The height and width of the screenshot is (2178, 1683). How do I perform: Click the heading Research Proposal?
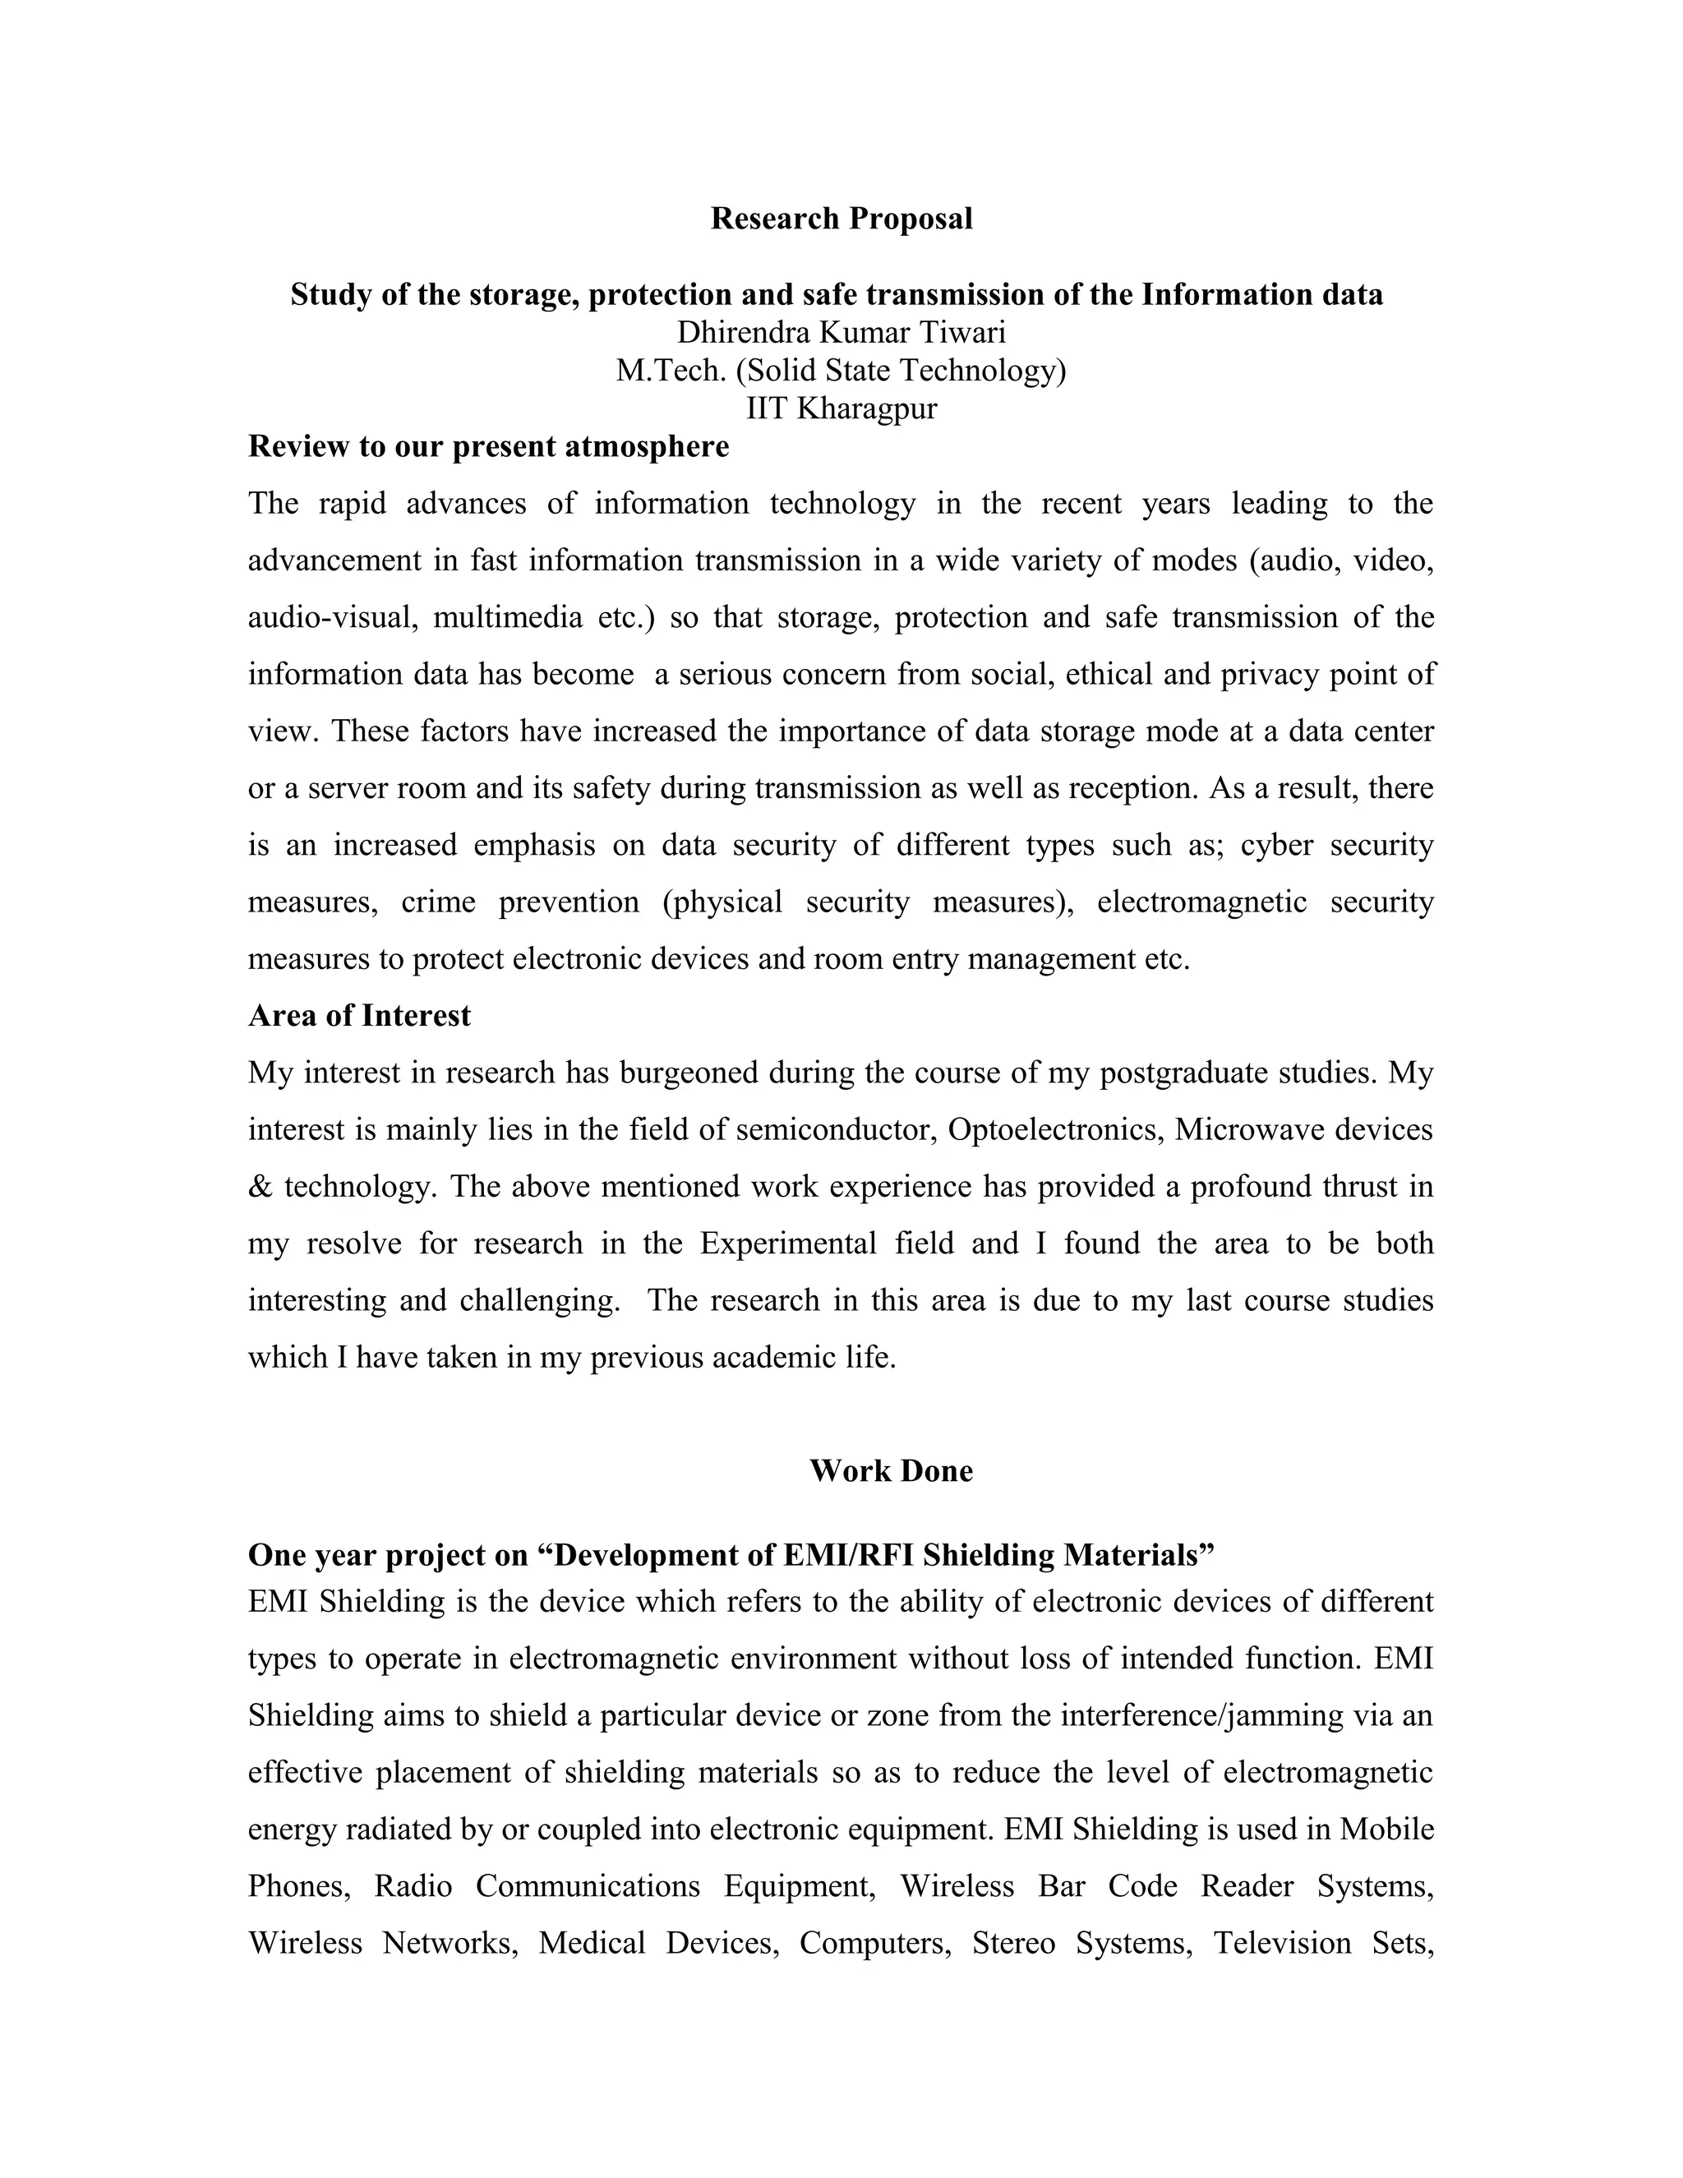(x=841, y=219)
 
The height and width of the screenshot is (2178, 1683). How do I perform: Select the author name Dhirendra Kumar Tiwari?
(x=841, y=332)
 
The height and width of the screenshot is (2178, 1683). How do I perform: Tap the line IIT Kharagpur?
(x=841, y=408)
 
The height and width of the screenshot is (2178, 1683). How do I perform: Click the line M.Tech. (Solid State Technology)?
(x=841, y=371)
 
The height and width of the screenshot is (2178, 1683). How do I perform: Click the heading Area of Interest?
(x=359, y=1015)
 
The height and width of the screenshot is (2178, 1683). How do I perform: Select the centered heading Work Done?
(x=890, y=1471)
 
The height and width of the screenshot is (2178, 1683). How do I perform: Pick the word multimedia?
(x=508, y=617)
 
